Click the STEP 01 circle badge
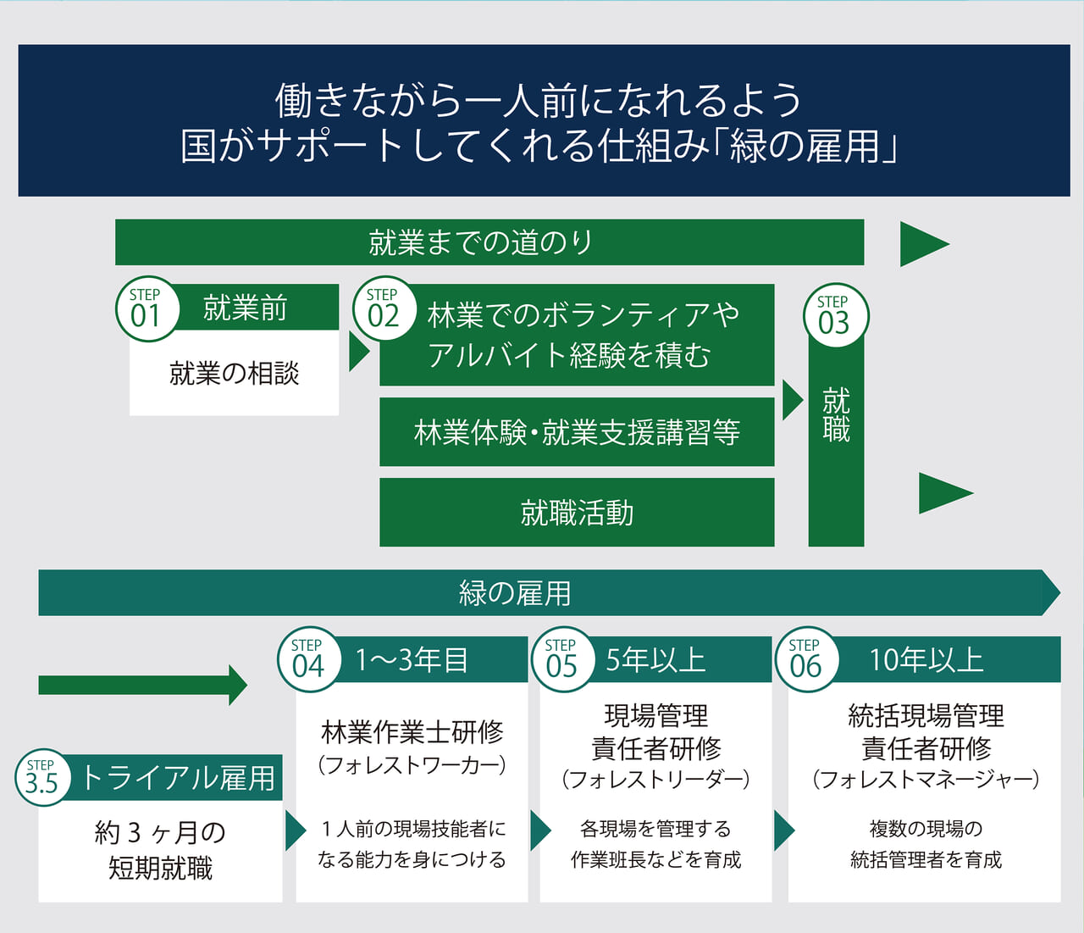coord(147,309)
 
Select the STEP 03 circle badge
coord(834,316)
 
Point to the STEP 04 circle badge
coord(308,659)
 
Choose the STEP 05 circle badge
coord(561,659)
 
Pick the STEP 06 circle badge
coord(805,659)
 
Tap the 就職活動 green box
coord(577,513)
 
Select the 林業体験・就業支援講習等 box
coord(577,432)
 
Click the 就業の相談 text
coord(235,373)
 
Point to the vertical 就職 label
coord(836,414)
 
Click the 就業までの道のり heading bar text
coord(481,242)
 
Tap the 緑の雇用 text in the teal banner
coord(515,592)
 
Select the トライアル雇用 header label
coord(179,777)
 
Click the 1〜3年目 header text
coord(412,659)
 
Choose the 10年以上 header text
coord(926,659)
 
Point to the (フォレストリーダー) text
coord(655,779)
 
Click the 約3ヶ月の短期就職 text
coord(160,850)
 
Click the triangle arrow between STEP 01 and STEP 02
coord(359,352)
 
